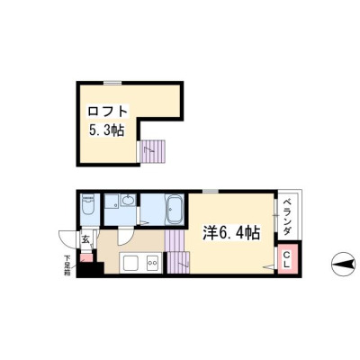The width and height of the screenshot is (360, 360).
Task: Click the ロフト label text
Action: tap(108, 112)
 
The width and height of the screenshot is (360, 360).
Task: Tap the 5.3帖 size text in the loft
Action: tap(106, 130)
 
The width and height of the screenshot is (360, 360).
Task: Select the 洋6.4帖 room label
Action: tap(231, 233)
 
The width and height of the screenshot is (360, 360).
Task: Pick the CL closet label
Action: tap(287, 260)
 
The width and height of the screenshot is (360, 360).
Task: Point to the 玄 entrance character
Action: tap(85, 239)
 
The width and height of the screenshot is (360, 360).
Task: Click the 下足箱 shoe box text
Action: tap(67, 265)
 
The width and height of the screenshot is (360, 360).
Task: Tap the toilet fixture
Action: tap(88, 205)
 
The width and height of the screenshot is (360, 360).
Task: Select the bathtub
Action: tap(174, 210)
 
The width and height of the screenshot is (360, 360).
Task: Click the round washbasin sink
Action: tap(129, 200)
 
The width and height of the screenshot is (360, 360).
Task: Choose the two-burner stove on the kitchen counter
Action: tap(152, 263)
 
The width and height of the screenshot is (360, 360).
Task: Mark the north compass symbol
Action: tap(345, 265)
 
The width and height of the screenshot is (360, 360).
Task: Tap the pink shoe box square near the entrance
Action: tap(87, 257)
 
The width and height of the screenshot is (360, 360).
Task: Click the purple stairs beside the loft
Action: tap(153, 151)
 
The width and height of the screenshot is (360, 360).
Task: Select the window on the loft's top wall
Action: tap(112, 83)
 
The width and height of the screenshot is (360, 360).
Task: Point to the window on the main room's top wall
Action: tap(210, 192)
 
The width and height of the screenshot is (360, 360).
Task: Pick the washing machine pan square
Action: tap(112, 201)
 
